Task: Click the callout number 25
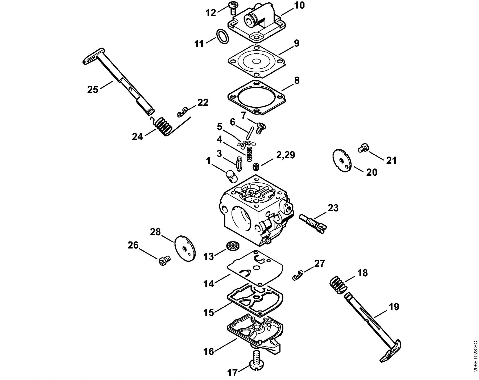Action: (x=93, y=90)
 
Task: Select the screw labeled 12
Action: (x=232, y=7)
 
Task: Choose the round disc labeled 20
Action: (x=342, y=161)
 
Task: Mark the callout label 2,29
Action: (x=286, y=155)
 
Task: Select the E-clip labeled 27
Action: (x=298, y=275)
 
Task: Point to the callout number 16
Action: (x=209, y=352)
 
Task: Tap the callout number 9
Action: (x=296, y=43)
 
